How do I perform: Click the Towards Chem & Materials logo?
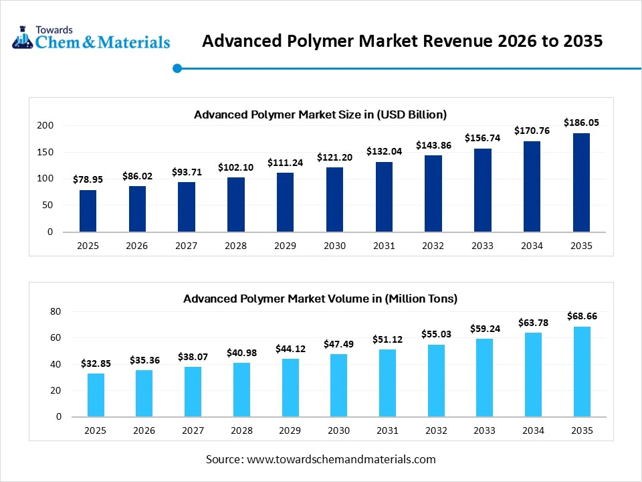[91, 38]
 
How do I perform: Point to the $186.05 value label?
[581, 123]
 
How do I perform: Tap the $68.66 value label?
[581, 315]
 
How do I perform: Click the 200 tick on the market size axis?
[45, 125]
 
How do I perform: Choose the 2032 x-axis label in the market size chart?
[433, 246]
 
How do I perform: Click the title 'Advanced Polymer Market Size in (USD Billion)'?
[320, 114]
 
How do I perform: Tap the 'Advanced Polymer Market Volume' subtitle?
[320, 299]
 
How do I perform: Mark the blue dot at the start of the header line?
[177, 68]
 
